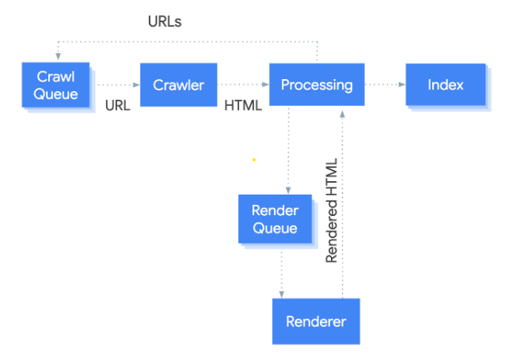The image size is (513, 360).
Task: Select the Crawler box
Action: [178, 85]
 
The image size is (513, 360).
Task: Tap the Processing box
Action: [316, 85]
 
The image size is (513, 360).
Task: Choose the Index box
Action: [445, 85]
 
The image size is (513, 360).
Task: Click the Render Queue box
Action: [274, 219]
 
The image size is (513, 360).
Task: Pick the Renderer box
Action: [316, 322]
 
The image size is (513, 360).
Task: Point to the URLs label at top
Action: [165, 21]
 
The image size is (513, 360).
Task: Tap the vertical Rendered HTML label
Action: [332, 210]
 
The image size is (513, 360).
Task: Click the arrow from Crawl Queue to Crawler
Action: [117, 84]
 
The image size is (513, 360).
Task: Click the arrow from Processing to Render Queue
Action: [288, 150]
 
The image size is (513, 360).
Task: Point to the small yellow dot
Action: [253, 159]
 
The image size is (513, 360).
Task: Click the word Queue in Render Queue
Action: [274, 228]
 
